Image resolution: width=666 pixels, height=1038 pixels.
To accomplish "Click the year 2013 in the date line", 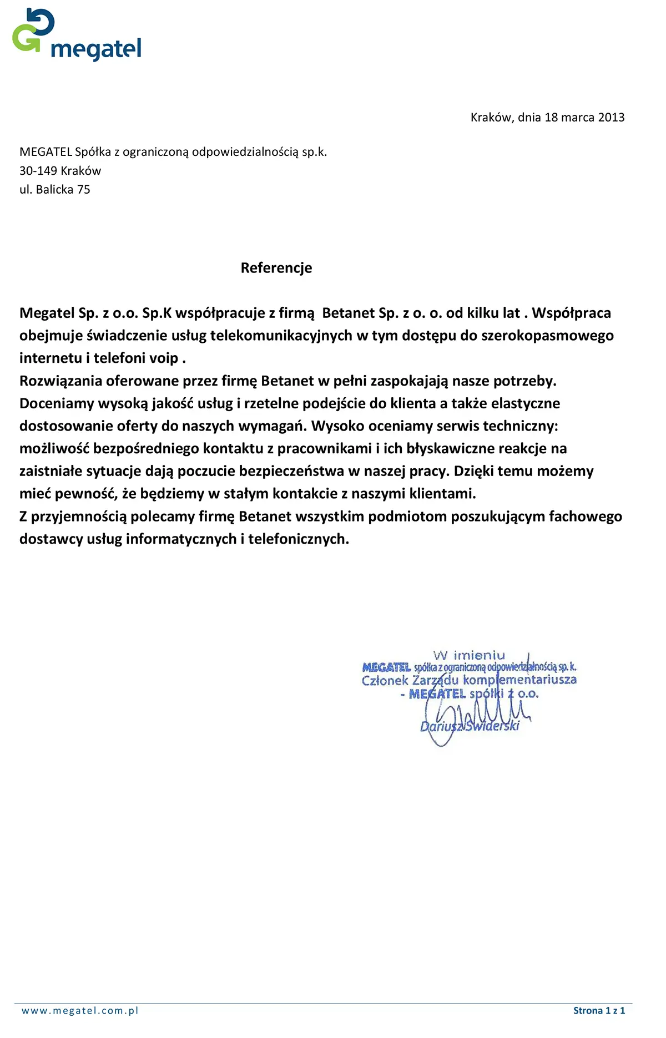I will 611,118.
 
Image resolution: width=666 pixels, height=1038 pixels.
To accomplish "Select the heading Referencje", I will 276,268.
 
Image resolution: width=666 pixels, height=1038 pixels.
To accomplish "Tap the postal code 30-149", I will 38,171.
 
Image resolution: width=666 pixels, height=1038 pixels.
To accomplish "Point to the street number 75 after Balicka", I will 84,190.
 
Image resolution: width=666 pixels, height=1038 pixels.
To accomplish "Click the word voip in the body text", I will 164,358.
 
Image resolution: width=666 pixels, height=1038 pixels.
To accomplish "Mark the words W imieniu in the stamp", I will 469,655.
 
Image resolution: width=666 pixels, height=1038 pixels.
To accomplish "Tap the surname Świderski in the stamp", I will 493,726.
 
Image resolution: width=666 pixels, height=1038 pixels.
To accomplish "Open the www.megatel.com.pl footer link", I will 80,1010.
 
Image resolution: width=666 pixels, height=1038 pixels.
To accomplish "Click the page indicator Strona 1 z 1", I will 599,1010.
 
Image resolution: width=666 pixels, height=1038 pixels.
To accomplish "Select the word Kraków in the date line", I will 491,118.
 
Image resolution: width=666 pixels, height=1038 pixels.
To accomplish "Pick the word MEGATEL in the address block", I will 46,152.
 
